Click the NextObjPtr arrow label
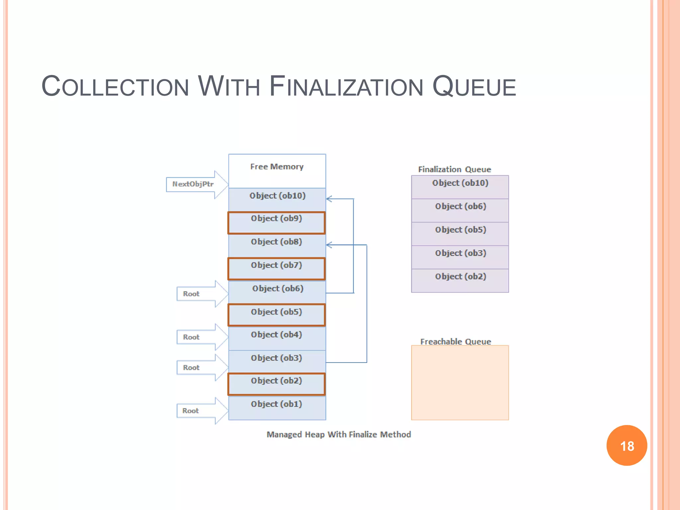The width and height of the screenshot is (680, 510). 193,184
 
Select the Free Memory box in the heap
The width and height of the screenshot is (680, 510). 277,171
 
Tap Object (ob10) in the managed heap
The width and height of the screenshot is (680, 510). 277,199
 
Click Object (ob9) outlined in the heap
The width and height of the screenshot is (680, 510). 276,222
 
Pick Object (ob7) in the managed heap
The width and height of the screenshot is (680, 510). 276,269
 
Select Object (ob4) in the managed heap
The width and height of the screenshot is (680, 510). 276,338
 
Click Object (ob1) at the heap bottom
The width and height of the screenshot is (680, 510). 276,408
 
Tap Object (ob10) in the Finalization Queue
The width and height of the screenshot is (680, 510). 460,187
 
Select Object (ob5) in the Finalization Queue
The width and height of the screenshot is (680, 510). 460,233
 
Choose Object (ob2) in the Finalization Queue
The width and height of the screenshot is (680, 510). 460,280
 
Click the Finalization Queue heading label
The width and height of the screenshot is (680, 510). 454,169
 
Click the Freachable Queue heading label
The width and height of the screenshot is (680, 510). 456,342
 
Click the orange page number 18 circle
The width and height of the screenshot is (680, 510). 627,445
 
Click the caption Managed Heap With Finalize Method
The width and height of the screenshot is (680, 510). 339,434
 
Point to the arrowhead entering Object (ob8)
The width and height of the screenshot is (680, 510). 329,245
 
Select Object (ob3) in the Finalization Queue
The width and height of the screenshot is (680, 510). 460,257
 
